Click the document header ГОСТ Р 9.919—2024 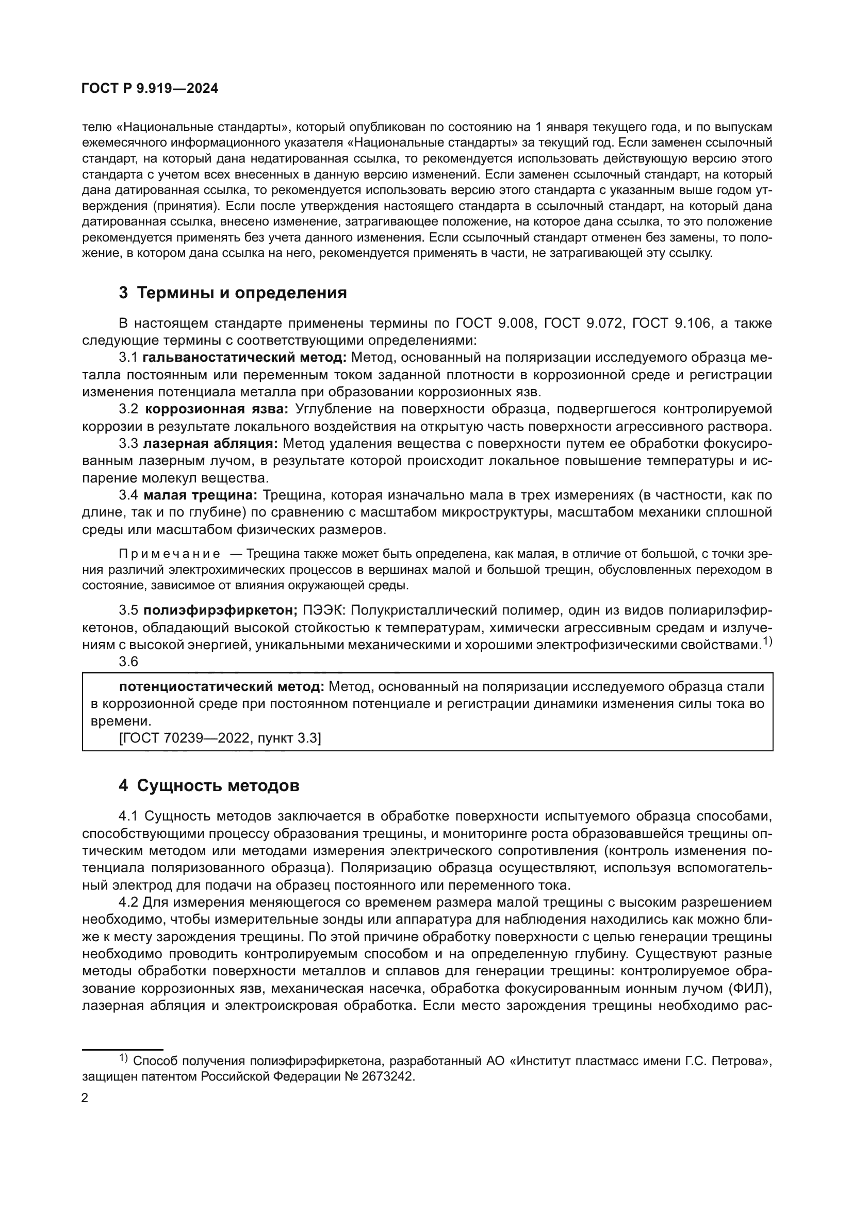pyautogui.click(x=150, y=89)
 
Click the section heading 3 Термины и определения pyautogui.click(x=233, y=293)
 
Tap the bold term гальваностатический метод pyautogui.click(x=244, y=358)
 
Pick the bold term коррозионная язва pyautogui.click(x=217, y=409)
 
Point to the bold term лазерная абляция pyautogui.click(x=210, y=444)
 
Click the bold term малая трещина pyautogui.click(x=200, y=495)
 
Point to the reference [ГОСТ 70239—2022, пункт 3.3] pyautogui.click(x=220, y=738)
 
